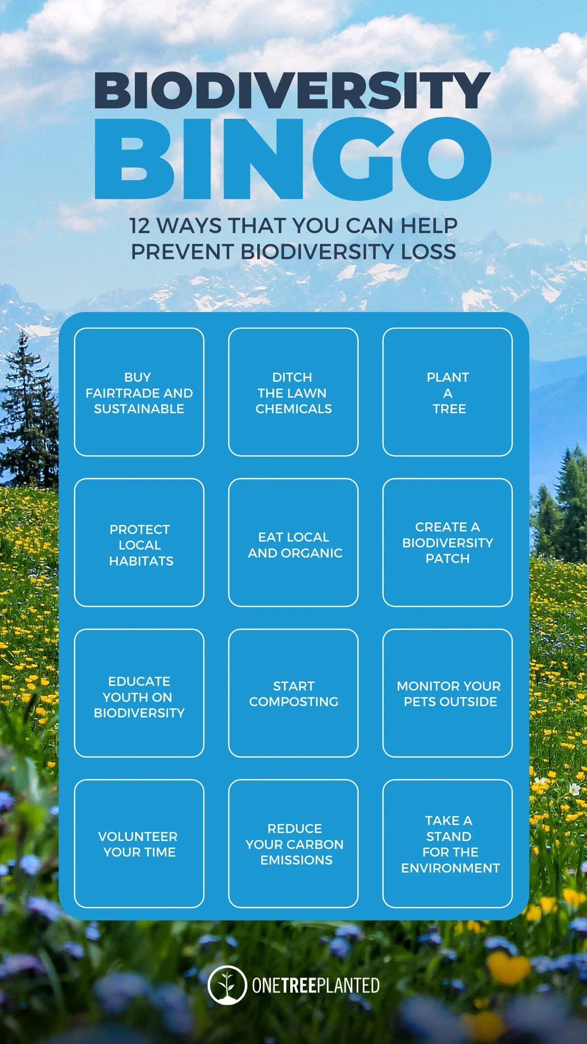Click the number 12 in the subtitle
tap(140, 226)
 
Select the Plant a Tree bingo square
tap(447, 392)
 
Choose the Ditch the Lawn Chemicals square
tap(293, 392)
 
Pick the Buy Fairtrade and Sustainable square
tap(139, 392)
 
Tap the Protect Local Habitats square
tap(139, 542)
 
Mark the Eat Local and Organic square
tap(293, 542)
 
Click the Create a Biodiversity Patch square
tap(447, 542)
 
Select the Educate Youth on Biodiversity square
tap(139, 693)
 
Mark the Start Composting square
tap(293, 693)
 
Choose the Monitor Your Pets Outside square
tap(447, 693)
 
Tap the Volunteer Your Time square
tap(139, 844)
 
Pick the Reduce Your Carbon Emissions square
tap(293, 844)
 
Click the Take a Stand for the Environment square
tap(447, 844)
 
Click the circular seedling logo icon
tap(227, 985)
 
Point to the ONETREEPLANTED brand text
tap(316, 986)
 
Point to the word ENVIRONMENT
tap(450, 868)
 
